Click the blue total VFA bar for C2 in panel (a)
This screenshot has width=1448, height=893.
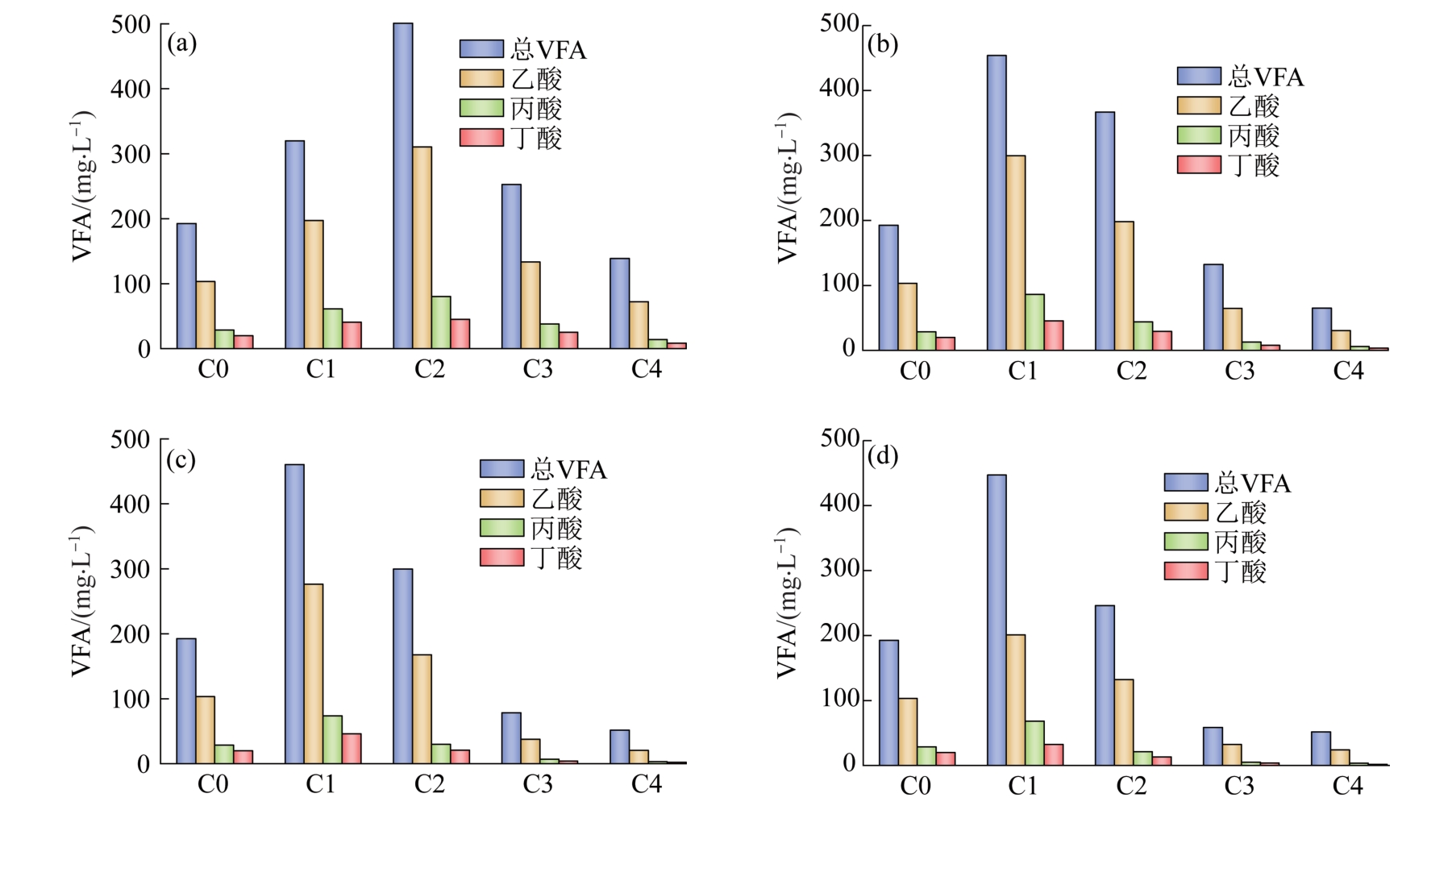(402, 185)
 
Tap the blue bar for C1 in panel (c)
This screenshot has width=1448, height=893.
(294, 613)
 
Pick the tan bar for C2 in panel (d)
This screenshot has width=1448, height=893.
(1124, 722)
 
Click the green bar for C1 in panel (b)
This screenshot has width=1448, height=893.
(1034, 322)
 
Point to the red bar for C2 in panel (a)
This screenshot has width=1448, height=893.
(460, 334)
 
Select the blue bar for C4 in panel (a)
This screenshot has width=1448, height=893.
(619, 303)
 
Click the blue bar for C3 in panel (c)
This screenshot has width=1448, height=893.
(511, 737)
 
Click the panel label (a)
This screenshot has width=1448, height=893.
(181, 43)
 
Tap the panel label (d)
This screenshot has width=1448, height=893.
(883, 456)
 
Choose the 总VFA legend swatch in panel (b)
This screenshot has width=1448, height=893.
(1198, 76)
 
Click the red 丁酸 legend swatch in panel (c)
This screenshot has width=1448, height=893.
(501, 557)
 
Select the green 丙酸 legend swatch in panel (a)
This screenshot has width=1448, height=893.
(481, 108)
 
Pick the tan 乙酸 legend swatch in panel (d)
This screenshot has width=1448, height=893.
(1185, 512)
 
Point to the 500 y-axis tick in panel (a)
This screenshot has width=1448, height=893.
(131, 24)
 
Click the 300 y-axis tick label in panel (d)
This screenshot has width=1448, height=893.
(839, 569)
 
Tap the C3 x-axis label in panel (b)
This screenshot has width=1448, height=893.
(1239, 371)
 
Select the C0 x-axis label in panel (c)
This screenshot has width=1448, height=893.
(213, 784)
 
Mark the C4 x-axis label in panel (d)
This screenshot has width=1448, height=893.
(1347, 786)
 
